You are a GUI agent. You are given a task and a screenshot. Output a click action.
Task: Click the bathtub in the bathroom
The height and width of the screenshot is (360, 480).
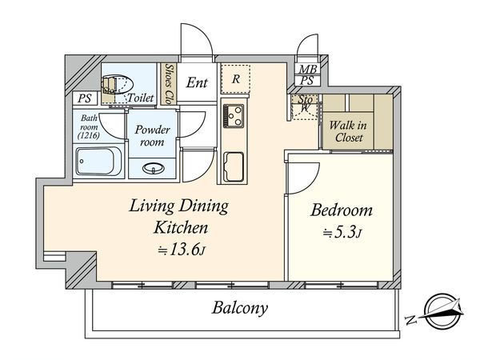pyautogui.click(x=98, y=162)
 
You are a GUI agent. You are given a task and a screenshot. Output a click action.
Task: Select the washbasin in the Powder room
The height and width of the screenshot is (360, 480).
pyautogui.click(x=154, y=168)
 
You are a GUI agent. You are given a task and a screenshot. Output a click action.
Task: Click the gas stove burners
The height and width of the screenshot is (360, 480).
pyautogui.click(x=234, y=116)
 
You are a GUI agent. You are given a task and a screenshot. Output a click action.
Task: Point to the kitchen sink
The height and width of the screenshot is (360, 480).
pyautogui.click(x=234, y=167)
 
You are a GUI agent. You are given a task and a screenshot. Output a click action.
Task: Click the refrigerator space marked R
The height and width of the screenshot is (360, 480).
pyautogui.click(x=235, y=78)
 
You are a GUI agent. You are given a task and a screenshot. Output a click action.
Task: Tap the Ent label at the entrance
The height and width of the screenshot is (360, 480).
pyautogui.click(x=197, y=82)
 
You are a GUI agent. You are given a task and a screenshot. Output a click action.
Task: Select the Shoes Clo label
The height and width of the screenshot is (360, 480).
pyautogui.click(x=169, y=83)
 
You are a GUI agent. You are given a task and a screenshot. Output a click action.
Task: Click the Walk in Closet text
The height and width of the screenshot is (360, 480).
pyautogui.click(x=348, y=131)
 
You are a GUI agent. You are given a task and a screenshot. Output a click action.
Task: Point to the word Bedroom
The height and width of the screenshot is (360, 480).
pyautogui.click(x=342, y=210)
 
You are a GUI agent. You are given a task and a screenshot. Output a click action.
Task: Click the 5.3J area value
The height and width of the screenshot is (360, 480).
pyautogui.click(x=343, y=233)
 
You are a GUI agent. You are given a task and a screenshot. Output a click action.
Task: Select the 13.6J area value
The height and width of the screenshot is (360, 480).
pyautogui.click(x=182, y=250)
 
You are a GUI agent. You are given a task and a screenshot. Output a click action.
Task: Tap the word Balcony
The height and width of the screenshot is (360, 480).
pyautogui.click(x=240, y=308)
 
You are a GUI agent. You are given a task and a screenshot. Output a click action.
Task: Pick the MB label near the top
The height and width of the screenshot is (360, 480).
pyautogui.click(x=308, y=69)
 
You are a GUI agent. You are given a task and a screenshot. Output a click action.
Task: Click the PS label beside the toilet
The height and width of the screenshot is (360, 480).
pyautogui.click(x=84, y=98)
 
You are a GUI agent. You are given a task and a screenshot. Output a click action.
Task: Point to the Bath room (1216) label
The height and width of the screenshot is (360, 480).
pyautogui.click(x=89, y=126)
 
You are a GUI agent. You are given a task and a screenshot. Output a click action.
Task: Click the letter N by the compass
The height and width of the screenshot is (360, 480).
pyautogui.click(x=411, y=320)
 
